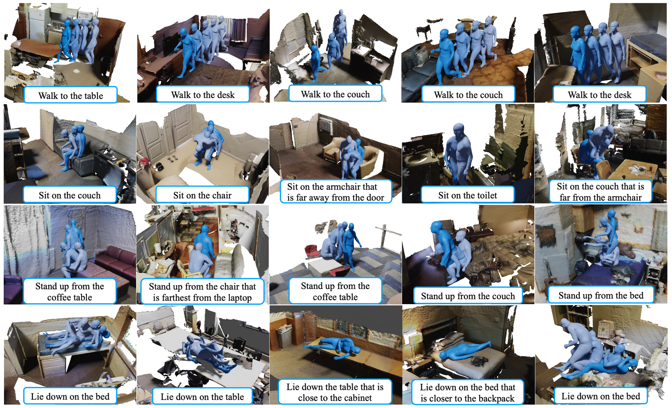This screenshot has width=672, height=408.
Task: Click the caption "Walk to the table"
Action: click(x=71, y=96)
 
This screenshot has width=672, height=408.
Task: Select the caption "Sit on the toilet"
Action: click(x=467, y=195)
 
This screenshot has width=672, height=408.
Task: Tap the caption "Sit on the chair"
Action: click(x=202, y=195)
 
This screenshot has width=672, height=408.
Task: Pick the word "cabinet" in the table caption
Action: click(x=356, y=398)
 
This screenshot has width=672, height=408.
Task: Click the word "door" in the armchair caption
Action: click(x=374, y=198)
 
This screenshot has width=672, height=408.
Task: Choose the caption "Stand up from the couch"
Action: click(x=468, y=296)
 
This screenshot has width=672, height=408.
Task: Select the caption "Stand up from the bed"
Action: click(x=601, y=295)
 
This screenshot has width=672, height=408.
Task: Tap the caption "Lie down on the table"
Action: click(x=202, y=397)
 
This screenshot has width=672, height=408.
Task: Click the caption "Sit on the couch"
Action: click(x=70, y=195)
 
